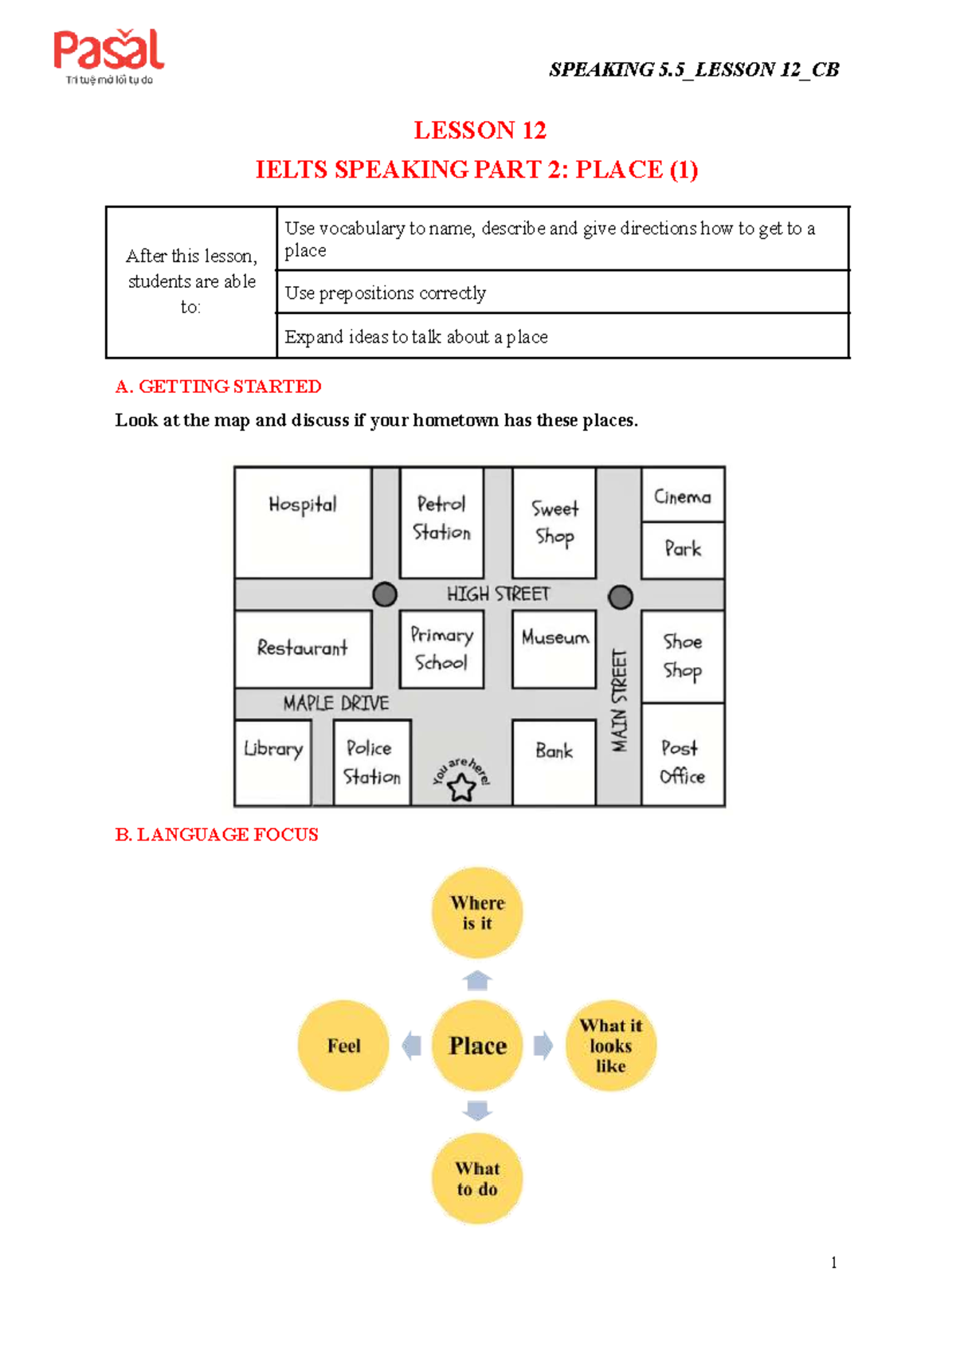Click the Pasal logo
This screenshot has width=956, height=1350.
click(x=108, y=56)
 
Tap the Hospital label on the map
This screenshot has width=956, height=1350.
click(x=303, y=504)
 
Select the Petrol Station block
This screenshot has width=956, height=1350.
click(x=442, y=521)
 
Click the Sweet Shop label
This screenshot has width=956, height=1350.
click(x=554, y=522)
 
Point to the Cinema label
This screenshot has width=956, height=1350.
click(x=683, y=496)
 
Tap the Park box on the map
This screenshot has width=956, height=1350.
click(x=683, y=549)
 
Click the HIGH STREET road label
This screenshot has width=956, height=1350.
click(x=498, y=595)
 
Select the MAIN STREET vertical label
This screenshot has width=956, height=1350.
click(x=620, y=701)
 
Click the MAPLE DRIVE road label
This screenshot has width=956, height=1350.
click(x=336, y=703)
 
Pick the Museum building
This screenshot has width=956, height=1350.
click(x=554, y=648)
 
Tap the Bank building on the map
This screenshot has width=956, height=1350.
click(x=554, y=761)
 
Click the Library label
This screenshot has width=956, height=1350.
click(x=273, y=749)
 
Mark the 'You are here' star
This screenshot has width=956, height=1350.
click(x=461, y=788)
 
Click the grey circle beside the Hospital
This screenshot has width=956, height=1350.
click(x=385, y=595)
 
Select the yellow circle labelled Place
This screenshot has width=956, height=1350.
click(x=477, y=1046)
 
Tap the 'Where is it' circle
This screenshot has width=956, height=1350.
click(x=477, y=912)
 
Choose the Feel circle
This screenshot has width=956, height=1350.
click(x=343, y=1046)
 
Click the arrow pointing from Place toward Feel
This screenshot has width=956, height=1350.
click(x=412, y=1046)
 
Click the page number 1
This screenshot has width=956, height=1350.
click(x=833, y=1262)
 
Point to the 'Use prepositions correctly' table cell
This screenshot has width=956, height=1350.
click(x=562, y=292)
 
